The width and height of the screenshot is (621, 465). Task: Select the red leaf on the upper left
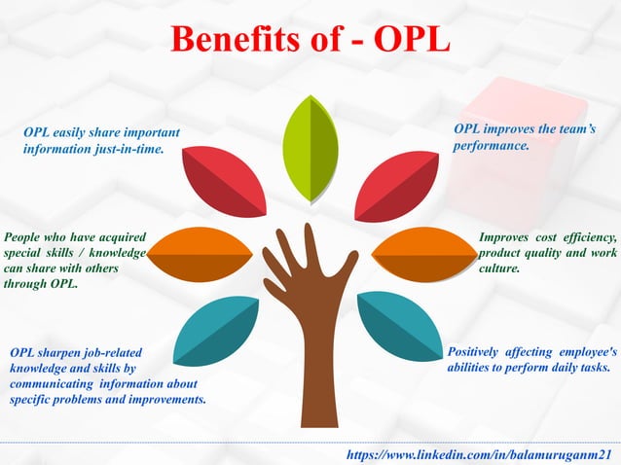click(224, 181)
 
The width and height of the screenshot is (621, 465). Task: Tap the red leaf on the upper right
click(396, 185)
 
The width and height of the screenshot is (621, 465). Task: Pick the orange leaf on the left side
click(201, 254)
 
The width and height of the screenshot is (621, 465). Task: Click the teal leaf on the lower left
click(218, 331)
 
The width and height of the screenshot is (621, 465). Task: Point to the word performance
click(491, 146)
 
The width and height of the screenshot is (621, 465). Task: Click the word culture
click(500, 268)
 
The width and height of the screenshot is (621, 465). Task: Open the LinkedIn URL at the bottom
click(482, 454)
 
